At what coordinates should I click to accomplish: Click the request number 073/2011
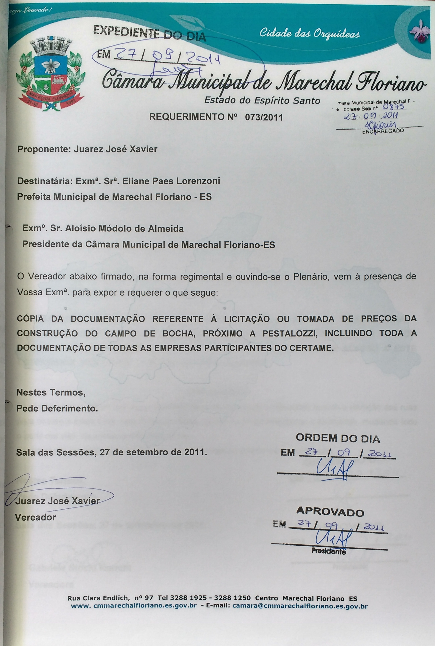tap(264, 117)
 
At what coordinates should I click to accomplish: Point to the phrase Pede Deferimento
tap(57, 408)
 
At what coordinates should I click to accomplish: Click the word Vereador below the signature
tap(35, 517)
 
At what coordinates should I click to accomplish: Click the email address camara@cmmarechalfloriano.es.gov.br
tap(300, 606)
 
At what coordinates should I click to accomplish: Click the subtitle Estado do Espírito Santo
tap(262, 101)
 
